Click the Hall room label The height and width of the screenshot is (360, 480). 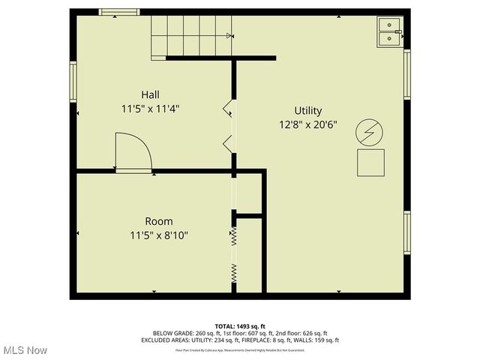click(x=150, y=94)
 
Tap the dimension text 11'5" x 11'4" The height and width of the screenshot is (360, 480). click(x=150, y=109)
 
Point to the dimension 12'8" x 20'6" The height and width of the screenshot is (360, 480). click(x=308, y=124)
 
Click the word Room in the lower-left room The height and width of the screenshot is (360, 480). click(x=159, y=221)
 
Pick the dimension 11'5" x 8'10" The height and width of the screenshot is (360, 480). click(x=159, y=235)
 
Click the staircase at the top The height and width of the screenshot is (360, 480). click(x=191, y=36)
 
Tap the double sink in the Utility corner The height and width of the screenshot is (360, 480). click(x=389, y=32)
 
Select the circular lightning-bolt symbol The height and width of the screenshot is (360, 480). click(x=369, y=132)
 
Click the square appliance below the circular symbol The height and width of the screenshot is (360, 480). click(x=370, y=163)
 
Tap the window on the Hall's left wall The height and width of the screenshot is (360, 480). click(x=73, y=81)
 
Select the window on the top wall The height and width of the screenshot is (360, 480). click(x=119, y=12)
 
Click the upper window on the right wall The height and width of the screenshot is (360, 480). click(x=407, y=74)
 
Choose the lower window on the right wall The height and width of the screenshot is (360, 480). click(x=407, y=232)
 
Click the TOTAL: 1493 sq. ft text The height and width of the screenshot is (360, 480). click(x=240, y=326)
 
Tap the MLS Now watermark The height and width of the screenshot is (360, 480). click(x=25, y=350)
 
